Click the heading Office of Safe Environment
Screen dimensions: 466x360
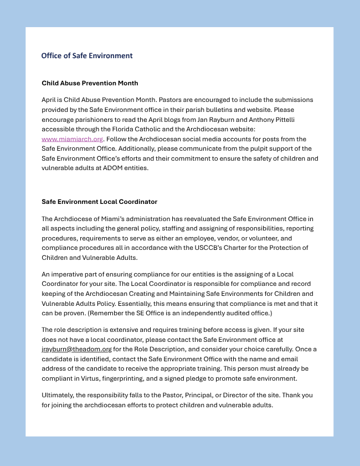[x=87, y=56]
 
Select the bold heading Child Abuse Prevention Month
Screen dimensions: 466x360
[x=90, y=83]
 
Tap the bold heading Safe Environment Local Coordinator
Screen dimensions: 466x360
[x=99, y=202]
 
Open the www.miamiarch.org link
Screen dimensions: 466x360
[x=72, y=139]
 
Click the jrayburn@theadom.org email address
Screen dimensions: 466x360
[x=76, y=350]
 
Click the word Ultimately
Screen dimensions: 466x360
[x=59, y=396]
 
